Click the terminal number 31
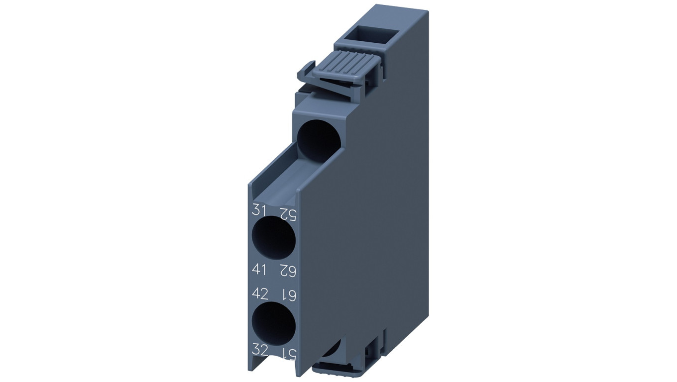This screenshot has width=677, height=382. coord(258,209)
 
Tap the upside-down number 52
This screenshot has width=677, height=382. coord(288,213)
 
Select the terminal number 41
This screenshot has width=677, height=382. coord(259,269)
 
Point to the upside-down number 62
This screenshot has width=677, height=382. coord(288,271)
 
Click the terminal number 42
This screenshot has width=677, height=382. coord(260,293)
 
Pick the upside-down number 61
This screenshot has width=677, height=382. coord(288,295)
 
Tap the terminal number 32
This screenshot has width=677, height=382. coord(260,351)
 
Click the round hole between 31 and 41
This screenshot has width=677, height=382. coord(273,238)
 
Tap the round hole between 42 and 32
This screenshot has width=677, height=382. coord(273,323)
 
